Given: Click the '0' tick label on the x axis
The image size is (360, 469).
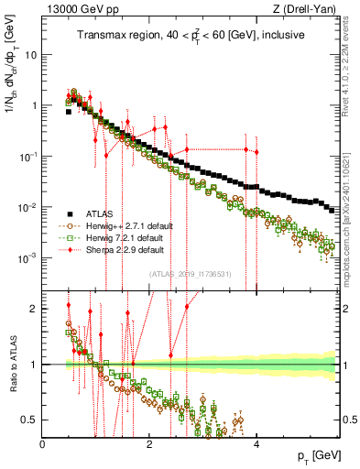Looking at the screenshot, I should click(43, 444).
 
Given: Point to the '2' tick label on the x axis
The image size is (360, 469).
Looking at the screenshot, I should click(150, 444).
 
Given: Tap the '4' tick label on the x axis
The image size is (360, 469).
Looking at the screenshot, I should click(257, 444).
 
